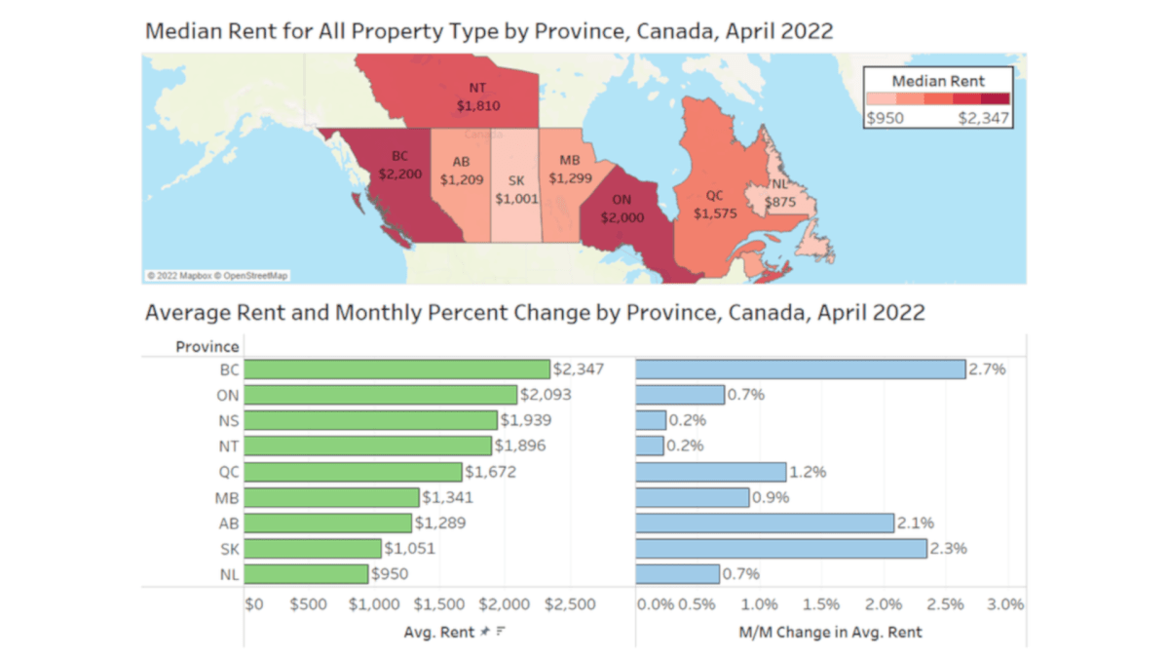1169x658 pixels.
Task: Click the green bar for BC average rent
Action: (x=396, y=369)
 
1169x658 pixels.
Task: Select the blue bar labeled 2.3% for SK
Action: (x=780, y=548)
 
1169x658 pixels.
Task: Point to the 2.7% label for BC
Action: (x=987, y=369)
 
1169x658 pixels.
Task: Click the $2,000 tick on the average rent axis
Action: (x=506, y=604)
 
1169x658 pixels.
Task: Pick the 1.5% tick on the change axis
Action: (x=822, y=604)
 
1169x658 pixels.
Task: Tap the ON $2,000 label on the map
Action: (x=622, y=209)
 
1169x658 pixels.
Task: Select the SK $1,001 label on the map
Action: (x=516, y=189)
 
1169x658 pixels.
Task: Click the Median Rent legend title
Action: (x=938, y=81)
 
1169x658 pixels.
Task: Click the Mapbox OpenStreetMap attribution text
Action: (x=217, y=276)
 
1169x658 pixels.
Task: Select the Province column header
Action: (x=207, y=346)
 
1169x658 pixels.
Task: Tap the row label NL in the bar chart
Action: (x=228, y=573)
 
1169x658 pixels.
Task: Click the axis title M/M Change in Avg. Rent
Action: (x=830, y=632)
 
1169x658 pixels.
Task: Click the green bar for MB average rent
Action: (x=331, y=497)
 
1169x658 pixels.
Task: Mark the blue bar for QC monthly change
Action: (x=710, y=472)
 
